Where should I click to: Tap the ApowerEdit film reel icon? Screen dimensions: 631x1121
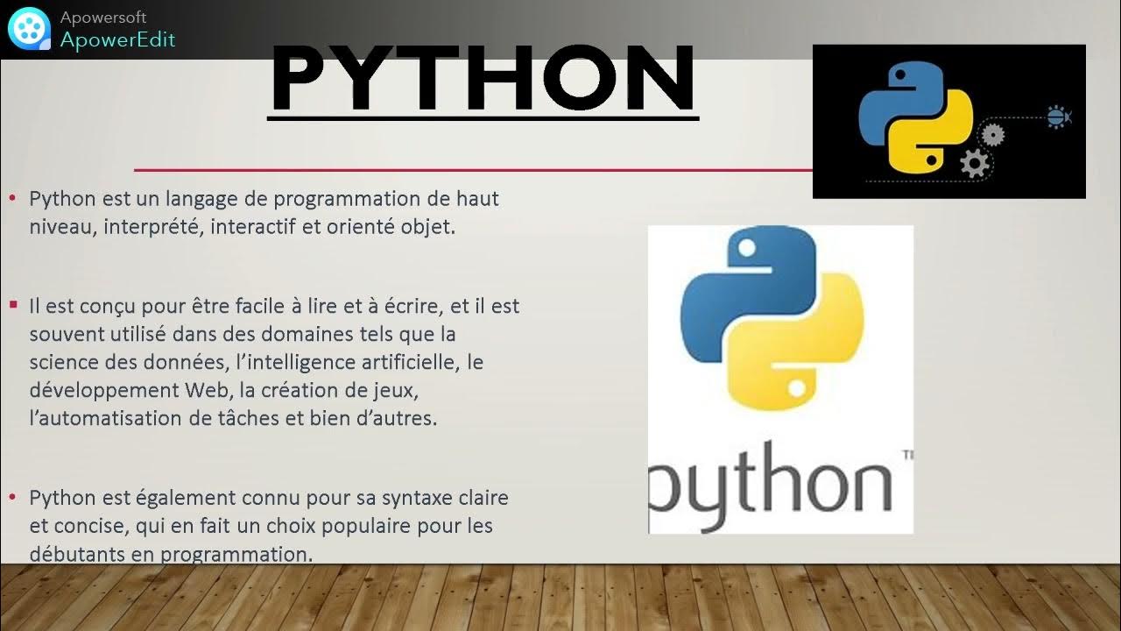pyautogui.click(x=29, y=29)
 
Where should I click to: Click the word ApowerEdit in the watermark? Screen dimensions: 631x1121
pyautogui.click(x=117, y=39)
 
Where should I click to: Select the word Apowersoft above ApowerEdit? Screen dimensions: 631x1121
pyautogui.click(x=103, y=18)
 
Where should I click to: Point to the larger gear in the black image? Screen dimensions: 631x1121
pyautogui.click(x=974, y=163)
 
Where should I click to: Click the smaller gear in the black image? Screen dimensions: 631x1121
pyautogui.click(x=992, y=134)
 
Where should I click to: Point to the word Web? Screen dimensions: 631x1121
pyautogui.click(x=206, y=390)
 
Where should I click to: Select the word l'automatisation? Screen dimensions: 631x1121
pyautogui.click(x=106, y=418)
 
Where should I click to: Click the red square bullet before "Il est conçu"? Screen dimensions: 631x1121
pyautogui.click(x=13, y=304)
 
